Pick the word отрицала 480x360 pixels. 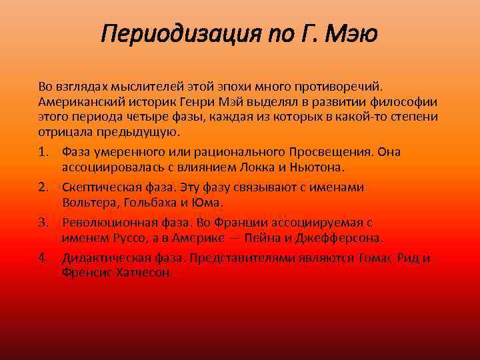62,132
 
